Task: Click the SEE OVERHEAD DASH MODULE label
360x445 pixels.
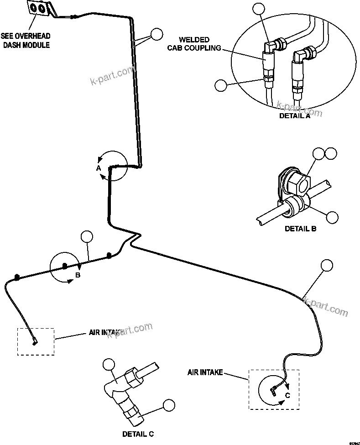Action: pyautogui.click(x=25, y=40)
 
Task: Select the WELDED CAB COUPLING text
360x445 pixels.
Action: pyautogui.click(x=200, y=44)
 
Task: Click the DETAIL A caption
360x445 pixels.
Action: pyautogui.click(x=294, y=116)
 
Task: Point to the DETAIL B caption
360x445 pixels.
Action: pyautogui.click(x=300, y=229)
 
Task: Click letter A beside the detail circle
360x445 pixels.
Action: pyautogui.click(x=98, y=168)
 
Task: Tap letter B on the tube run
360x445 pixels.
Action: pyautogui.click(x=78, y=275)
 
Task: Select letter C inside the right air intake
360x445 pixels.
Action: pyautogui.click(x=287, y=395)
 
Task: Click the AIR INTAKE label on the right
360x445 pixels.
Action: pyautogui.click(x=205, y=372)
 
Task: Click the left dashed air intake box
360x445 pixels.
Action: pyautogui.click(x=36, y=341)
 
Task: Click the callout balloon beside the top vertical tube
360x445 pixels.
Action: pyautogui.click(x=157, y=34)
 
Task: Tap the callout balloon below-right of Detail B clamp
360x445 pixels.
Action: pyautogui.click(x=333, y=217)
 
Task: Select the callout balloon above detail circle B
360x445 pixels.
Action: pyautogui.click(x=86, y=236)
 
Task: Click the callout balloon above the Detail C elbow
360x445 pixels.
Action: pyautogui.click(x=109, y=364)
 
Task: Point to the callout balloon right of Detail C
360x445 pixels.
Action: pyautogui.click(x=169, y=405)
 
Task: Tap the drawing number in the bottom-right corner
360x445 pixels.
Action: pyautogui.click(x=354, y=442)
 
